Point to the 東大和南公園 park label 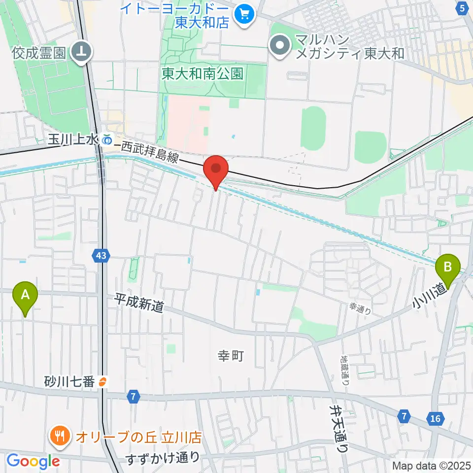coord(203,74)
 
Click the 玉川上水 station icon coord(107,140)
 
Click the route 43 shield coord(101,255)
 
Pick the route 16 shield coord(435,418)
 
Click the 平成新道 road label coord(139,303)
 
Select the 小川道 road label coord(426,295)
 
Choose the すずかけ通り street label coord(163,458)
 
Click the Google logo coord(33,461)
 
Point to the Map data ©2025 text coord(431,465)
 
